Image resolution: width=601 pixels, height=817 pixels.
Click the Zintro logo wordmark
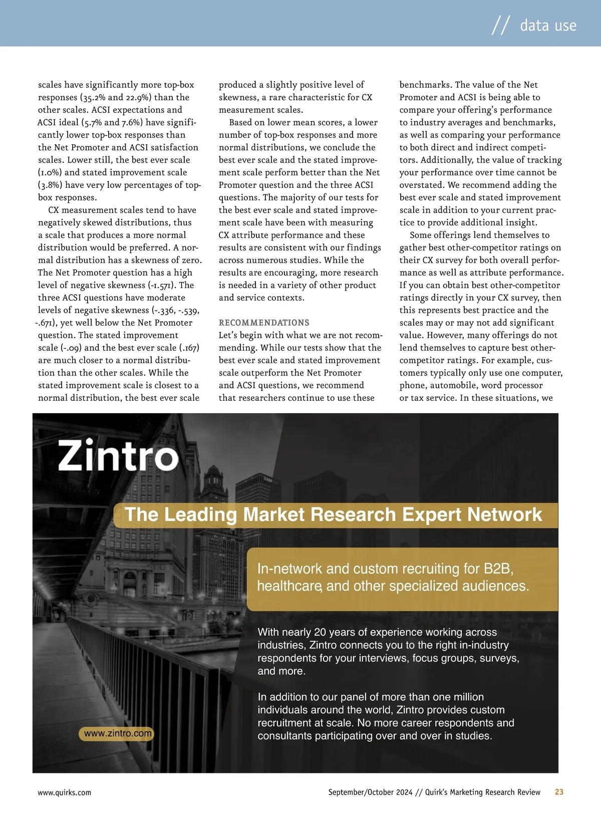tap(118, 455)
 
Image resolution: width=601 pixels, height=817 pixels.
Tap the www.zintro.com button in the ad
tap(117, 733)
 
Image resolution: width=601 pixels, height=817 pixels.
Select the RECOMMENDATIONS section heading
tap(264, 323)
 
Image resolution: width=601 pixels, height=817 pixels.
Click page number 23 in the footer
tap(559, 792)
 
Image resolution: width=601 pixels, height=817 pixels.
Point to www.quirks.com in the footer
tap(65, 792)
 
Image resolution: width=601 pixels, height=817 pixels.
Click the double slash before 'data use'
tap(500, 25)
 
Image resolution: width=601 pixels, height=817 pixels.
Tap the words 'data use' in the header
tap(548, 25)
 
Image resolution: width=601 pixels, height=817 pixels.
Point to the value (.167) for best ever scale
tap(189, 348)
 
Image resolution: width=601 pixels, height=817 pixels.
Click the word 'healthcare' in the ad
tap(289, 586)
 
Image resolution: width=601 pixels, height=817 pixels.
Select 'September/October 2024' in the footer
tap(371, 792)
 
